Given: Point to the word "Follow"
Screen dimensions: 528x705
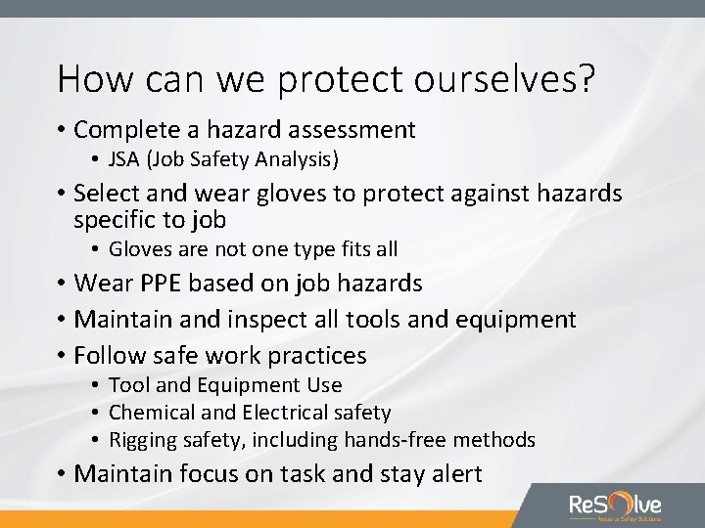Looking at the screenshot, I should [110, 355].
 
